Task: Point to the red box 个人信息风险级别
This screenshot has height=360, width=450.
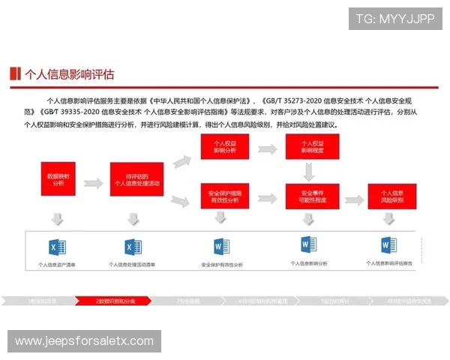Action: click(391, 197)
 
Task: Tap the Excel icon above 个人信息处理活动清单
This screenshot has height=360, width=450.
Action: click(133, 247)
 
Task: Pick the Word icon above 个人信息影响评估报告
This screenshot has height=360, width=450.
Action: click(388, 244)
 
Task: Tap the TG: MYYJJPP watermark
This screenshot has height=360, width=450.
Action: click(395, 19)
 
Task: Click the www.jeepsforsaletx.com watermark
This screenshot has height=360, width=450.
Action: click(84, 342)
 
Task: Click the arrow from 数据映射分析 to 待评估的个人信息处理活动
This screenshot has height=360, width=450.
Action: click(94, 183)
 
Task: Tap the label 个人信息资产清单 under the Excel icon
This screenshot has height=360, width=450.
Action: click(57, 265)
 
